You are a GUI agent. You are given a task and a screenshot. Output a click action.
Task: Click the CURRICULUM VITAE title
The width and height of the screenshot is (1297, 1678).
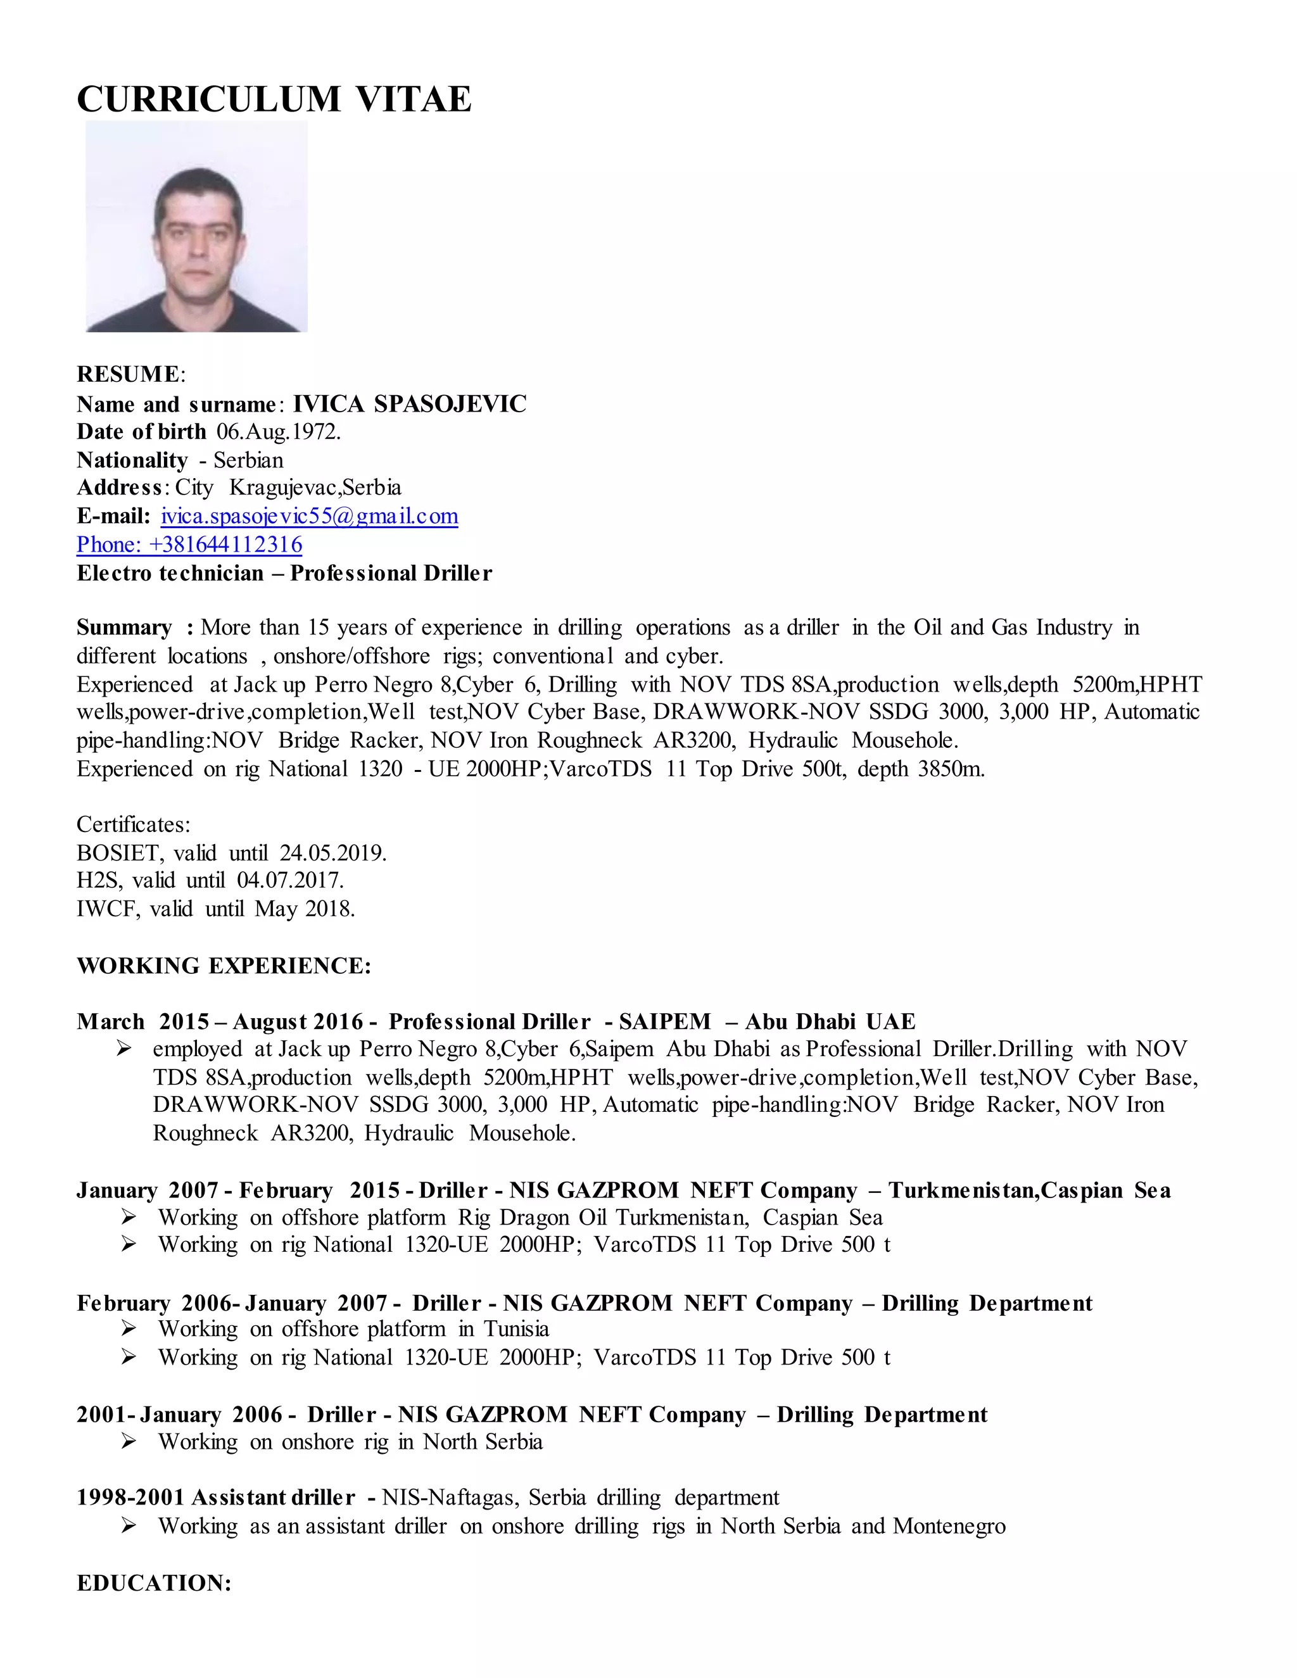coord(274,100)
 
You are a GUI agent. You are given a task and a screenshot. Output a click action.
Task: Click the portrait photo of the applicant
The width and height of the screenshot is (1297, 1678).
coord(197,227)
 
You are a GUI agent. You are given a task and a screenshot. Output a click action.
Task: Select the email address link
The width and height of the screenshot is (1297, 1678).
coord(309,516)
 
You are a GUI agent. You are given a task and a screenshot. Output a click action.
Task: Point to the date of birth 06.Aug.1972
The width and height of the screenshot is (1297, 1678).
coord(278,432)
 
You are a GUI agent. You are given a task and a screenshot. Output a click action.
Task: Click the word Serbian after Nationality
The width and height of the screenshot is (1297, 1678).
coord(248,460)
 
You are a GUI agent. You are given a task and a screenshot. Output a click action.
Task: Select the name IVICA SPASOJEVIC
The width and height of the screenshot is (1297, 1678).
coord(410,404)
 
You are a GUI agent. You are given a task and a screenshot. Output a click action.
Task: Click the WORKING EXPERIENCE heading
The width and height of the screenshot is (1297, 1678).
coord(224,966)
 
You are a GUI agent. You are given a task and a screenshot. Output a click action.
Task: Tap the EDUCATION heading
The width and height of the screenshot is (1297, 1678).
coord(154,1583)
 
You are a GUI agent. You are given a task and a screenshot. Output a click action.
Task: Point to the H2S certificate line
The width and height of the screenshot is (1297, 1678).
coord(210,881)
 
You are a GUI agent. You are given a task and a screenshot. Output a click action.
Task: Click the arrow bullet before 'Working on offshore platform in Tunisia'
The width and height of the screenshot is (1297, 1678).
coord(129,1328)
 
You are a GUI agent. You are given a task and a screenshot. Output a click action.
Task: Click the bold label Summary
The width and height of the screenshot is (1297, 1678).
coord(123,628)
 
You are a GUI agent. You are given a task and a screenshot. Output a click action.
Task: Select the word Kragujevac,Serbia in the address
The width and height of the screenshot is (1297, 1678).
coord(315,488)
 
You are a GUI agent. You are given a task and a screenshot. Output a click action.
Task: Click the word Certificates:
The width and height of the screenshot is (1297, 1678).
coord(133,824)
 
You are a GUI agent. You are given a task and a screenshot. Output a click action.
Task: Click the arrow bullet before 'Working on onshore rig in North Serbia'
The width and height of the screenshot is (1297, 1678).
coord(129,1441)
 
